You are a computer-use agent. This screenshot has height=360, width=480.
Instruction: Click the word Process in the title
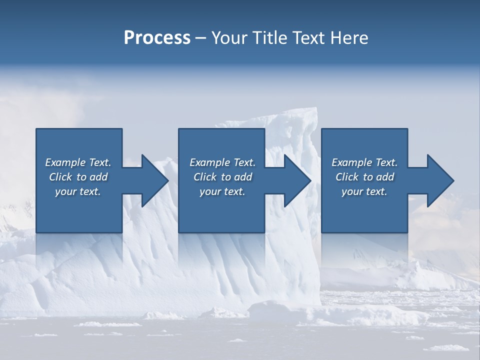[x=157, y=38]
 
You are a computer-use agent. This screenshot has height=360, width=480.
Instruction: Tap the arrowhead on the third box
[x=439, y=180]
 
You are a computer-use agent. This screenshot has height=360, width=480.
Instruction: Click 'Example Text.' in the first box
[x=78, y=162]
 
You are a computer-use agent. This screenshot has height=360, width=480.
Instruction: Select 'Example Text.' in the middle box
[x=222, y=162]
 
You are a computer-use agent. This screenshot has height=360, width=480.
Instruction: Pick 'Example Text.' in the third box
[x=364, y=162]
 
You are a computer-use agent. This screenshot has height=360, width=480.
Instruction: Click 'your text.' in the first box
[x=78, y=191]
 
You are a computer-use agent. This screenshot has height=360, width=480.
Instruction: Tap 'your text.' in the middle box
[x=222, y=191]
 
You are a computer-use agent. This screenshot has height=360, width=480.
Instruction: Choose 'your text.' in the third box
[x=364, y=191]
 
